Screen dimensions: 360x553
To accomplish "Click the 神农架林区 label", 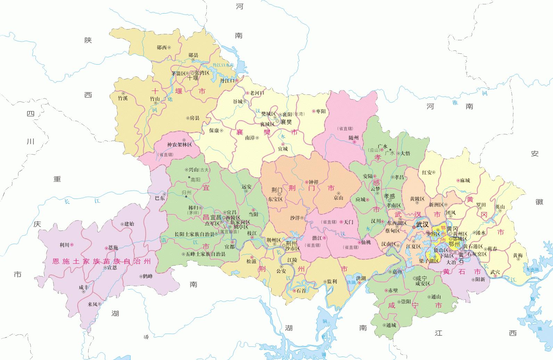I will pos(179,144).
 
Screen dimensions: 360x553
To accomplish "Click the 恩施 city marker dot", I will pos(107,248).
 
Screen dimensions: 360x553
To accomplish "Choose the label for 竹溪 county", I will pos(123,98).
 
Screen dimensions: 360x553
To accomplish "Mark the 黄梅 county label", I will pos(517,256).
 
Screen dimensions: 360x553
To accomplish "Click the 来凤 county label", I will pos(92,304).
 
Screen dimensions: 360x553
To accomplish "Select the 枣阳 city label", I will pos(321,111).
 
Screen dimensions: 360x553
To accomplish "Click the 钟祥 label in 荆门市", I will pos(314,182).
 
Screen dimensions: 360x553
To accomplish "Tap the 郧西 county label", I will pos(162,48).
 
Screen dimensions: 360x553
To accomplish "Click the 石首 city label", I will pos(301,291).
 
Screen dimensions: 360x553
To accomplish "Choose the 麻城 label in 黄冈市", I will pos(465,180).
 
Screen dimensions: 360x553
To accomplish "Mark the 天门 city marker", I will pos(341,221).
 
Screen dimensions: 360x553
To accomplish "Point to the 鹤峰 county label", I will pos(148,276).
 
